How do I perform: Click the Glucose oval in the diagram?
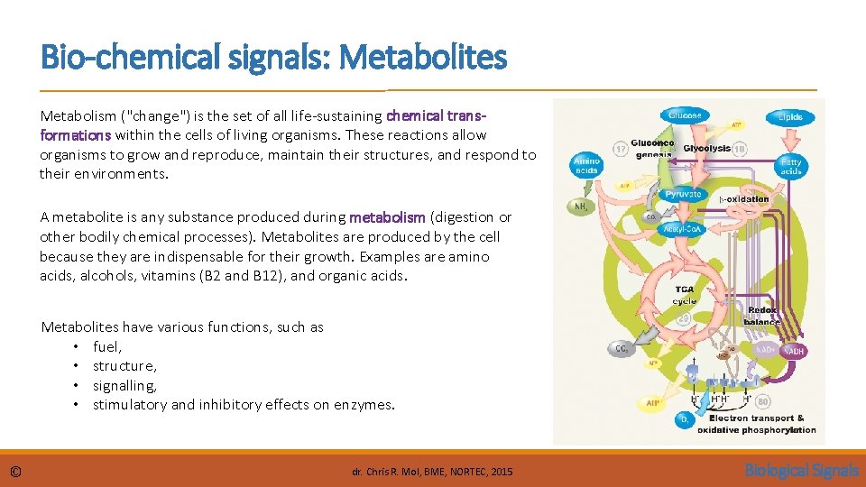click(685, 115)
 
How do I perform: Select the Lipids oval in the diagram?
click(790, 117)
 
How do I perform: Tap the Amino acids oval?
click(586, 165)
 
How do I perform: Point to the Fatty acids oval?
click(790, 167)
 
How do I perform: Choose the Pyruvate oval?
click(683, 194)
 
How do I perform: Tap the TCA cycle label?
click(685, 295)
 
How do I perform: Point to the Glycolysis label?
click(706, 148)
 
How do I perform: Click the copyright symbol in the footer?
click(16, 472)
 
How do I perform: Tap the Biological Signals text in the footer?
click(801, 470)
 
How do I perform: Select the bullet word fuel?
click(107, 346)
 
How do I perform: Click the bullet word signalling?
click(124, 385)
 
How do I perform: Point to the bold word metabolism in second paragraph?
click(388, 217)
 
